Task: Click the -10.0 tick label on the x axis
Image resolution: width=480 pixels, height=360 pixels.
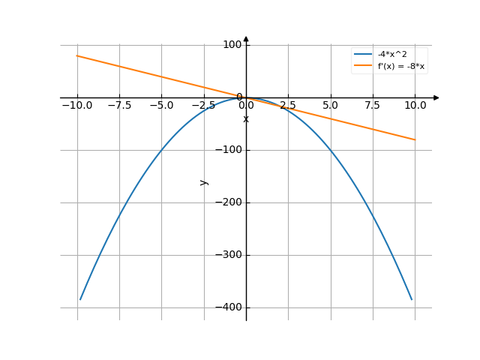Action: (77, 106)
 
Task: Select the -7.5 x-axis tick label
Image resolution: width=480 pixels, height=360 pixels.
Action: (119, 106)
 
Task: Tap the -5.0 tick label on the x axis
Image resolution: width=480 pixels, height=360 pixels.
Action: (161, 106)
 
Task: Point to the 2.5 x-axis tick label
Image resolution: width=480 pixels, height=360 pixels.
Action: (288, 106)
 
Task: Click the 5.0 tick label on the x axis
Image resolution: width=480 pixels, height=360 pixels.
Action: (330, 106)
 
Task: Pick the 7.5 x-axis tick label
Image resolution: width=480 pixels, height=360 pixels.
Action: (372, 106)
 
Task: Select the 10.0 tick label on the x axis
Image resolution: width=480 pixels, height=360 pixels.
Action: (415, 106)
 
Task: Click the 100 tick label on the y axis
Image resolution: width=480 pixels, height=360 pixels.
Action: (233, 45)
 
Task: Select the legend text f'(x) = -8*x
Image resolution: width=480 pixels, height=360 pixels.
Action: (401, 66)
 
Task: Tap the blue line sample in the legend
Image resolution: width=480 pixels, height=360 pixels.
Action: (363, 55)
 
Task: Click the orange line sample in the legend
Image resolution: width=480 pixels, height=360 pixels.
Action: (363, 66)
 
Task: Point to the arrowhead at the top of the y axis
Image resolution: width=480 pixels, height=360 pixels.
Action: (246, 39)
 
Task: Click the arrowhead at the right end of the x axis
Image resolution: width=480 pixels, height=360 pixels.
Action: (436, 97)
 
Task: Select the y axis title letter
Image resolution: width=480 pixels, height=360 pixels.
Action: (203, 182)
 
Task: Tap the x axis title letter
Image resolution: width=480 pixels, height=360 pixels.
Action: (246, 119)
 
